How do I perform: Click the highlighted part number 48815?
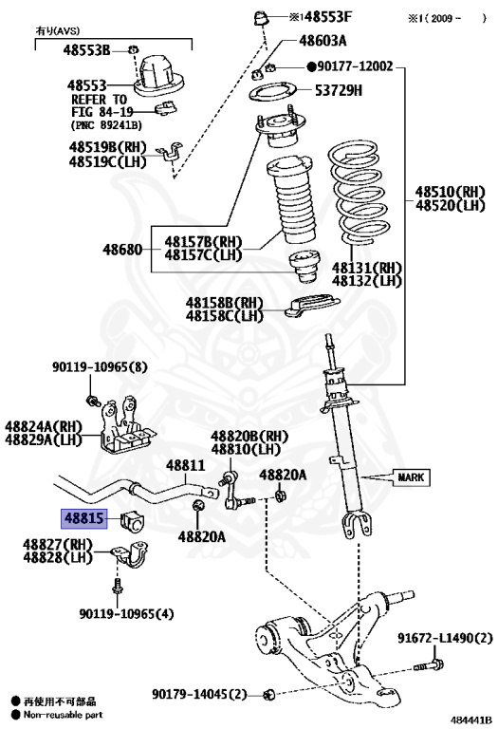click(84, 518)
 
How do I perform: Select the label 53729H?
click(339, 90)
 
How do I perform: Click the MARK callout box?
click(411, 477)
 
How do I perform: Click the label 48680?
click(122, 250)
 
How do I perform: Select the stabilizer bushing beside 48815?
click(133, 523)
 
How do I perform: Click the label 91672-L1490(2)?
click(445, 638)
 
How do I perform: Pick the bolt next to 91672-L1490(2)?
click(429, 665)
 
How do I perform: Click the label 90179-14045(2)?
click(199, 695)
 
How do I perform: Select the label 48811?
click(185, 465)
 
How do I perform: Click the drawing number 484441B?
click(470, 720)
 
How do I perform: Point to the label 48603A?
click(323, 41)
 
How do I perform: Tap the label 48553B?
click(87, 49)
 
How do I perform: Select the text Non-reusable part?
click(63, 715)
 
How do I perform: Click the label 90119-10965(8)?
click(100, 367)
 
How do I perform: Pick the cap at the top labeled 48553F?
click(262, 19)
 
